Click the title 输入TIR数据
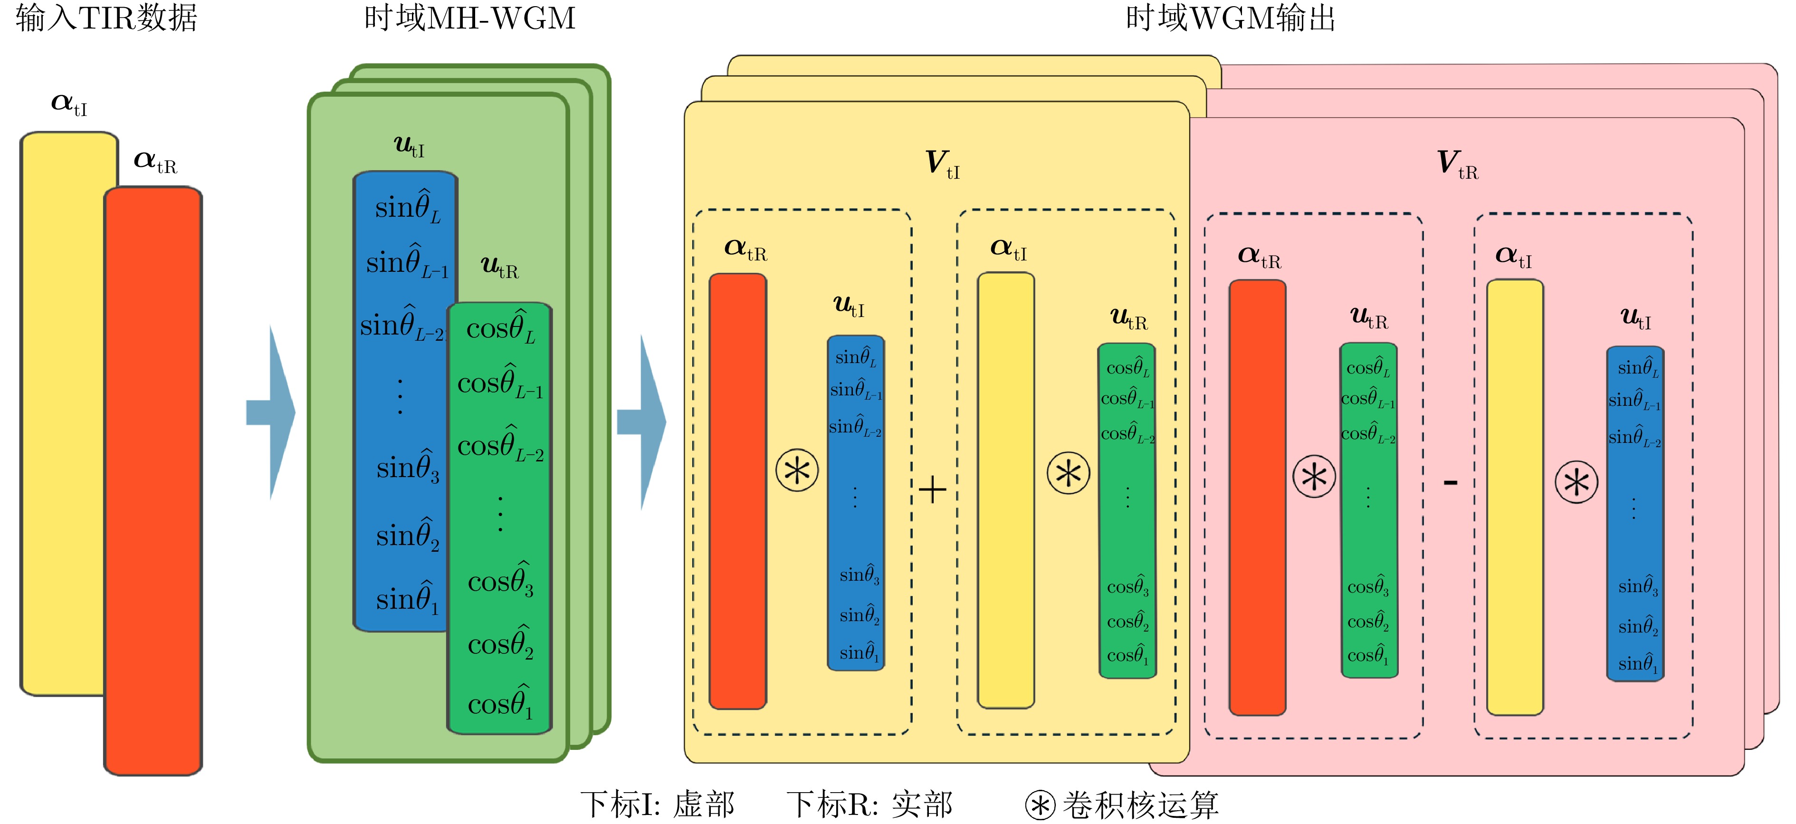[x=106, y=18]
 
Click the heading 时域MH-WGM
[x=469, y=18]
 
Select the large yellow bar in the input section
[x=63, y=412]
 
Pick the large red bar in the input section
[x=153, y=481]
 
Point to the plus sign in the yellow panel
[x=932, y=489]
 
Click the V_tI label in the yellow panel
[x=942, y=164]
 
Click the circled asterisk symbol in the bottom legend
[x=1040, y=806]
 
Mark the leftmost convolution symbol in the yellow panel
[x=797, y=470]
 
